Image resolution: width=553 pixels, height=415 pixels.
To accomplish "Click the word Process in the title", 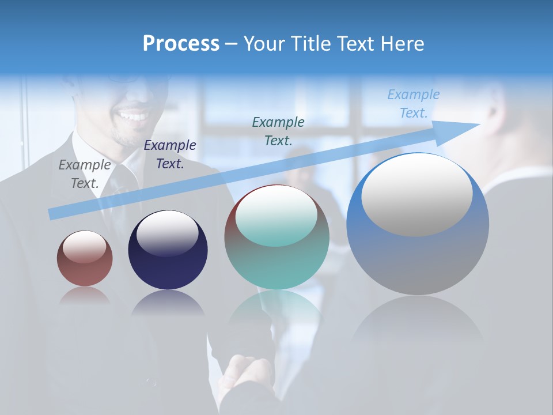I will [x=181, y=44].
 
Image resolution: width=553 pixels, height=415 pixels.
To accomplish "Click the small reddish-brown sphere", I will [x=85, y=258].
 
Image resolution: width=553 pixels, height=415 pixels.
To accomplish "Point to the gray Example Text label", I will [x=84, y=174].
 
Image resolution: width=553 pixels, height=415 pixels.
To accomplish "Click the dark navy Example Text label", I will [x=170, y=154].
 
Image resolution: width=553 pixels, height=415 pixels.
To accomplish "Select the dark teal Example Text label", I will [x=278, y=131].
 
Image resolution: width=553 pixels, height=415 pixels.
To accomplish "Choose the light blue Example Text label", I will [x=414, y=104].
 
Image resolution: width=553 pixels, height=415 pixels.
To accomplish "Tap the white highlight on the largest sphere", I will [x=416, y=194].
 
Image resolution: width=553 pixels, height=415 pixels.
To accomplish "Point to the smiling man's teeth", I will [x=133, y=116].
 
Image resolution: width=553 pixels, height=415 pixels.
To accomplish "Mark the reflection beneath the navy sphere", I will [x=168, y=303].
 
